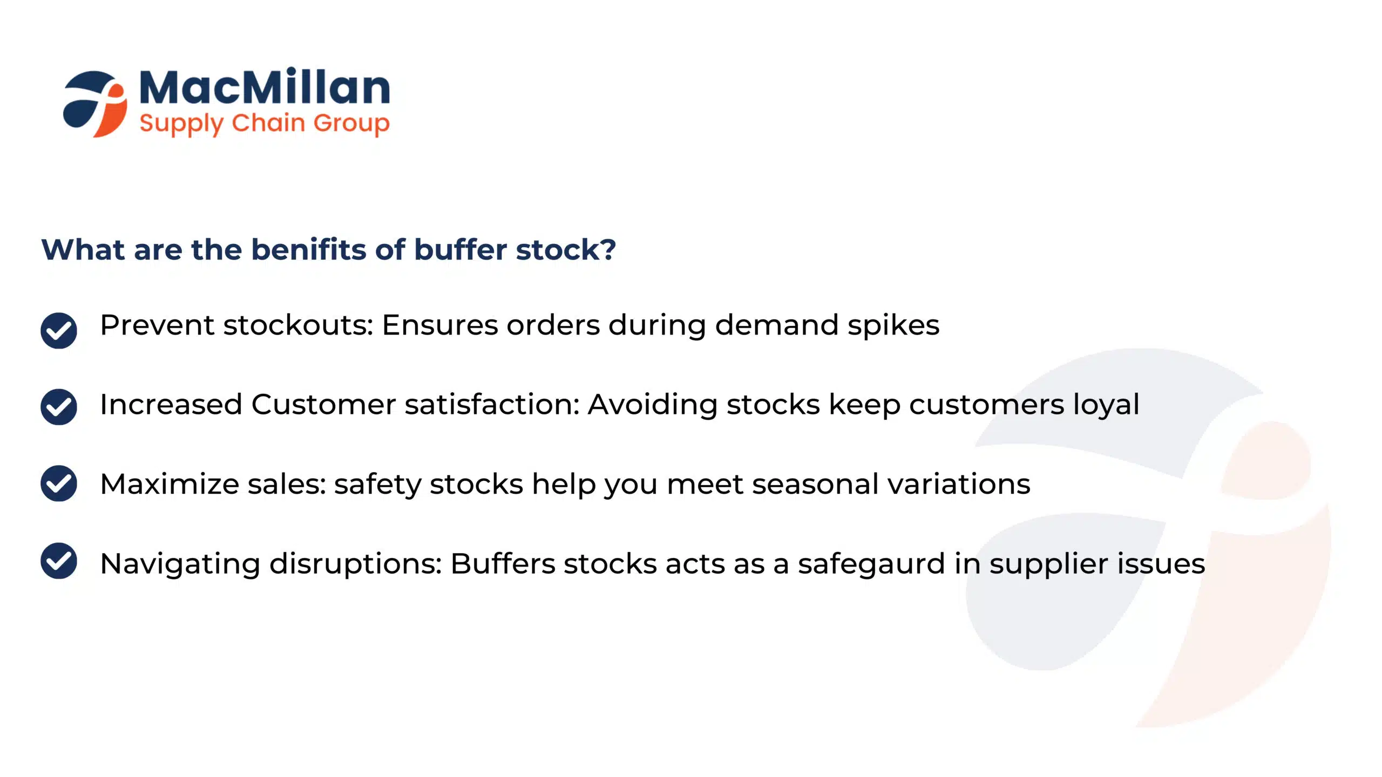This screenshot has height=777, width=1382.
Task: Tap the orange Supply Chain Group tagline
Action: click(265, 124)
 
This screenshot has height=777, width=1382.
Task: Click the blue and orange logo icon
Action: click(95, 104)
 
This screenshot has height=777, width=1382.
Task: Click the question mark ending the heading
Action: click(608, 249)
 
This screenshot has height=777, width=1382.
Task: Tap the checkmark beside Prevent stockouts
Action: click(59, 330)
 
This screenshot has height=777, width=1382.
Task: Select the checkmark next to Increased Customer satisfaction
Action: click(59, 407)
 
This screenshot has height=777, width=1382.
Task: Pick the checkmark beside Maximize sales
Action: click(59, 483)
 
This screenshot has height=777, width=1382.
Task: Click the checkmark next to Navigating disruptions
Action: click(59, 561)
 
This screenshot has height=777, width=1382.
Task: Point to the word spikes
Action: click(893, 326)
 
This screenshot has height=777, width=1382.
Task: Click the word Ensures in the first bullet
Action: click(440, 325)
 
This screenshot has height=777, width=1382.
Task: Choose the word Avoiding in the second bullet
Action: click(653, 405)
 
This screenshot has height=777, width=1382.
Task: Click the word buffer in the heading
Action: click(460, 249)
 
